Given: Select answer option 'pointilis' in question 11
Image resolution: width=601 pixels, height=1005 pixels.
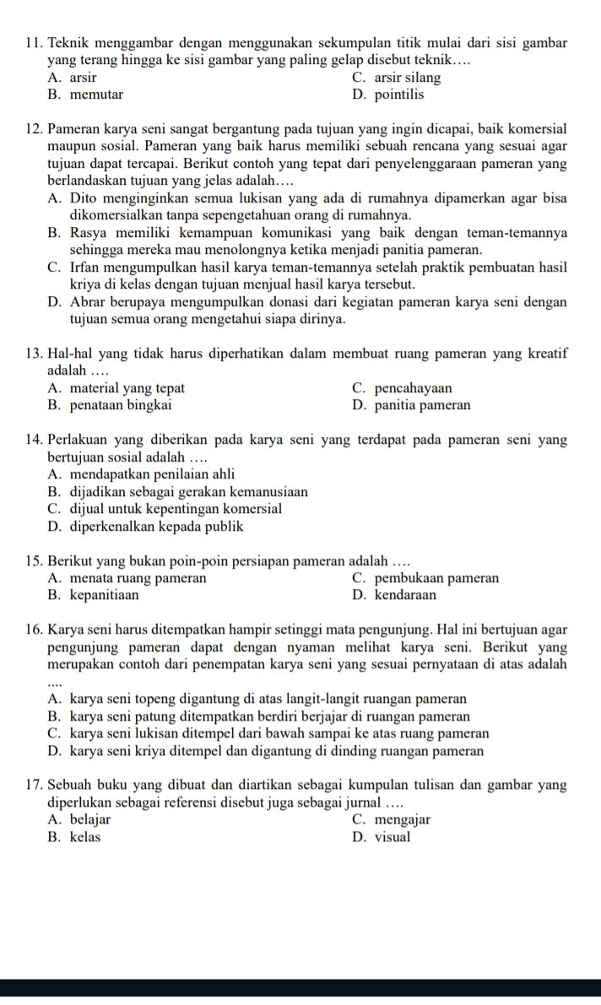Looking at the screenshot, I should tap(398, 95).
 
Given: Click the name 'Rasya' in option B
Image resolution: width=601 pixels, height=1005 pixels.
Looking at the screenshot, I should tap(89, 233).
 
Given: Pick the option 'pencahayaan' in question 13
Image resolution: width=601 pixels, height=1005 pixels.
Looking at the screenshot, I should tap(412, 388).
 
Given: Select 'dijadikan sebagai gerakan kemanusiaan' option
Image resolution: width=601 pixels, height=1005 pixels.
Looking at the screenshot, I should tap(188, 492).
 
